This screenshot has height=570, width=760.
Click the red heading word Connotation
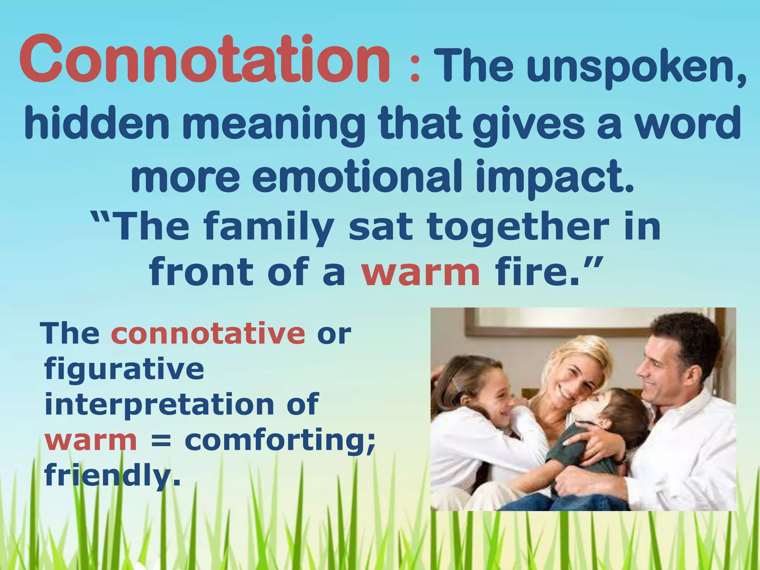(204, 59)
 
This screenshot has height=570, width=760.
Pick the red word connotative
(208, 334)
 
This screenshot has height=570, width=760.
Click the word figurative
(124, 369)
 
